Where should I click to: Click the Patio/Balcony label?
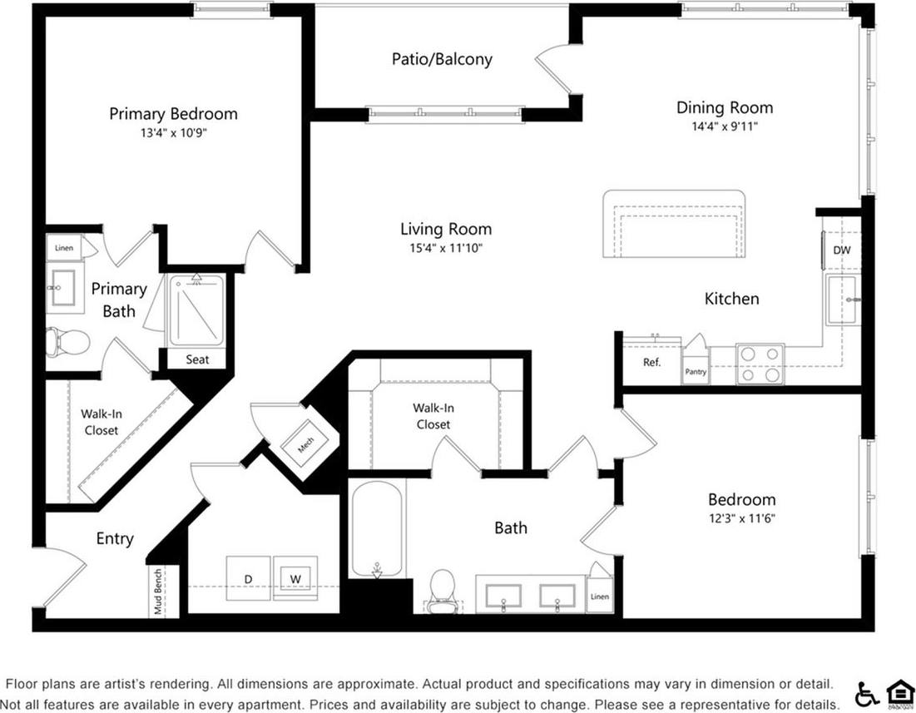point(442,59)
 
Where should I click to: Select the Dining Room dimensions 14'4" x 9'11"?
point(724,126)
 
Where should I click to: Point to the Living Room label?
point(446,229)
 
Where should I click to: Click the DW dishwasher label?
point(842,250)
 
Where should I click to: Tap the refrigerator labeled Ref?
point(652,363)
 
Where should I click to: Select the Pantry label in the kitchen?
point(696,372)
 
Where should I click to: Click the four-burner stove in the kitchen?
point(760,364)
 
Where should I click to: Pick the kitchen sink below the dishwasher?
point(844,300)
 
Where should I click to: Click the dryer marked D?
point(248,577)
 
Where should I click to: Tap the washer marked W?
point(295,577)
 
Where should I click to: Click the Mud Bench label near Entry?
point(156,592)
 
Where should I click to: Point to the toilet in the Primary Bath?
point(66,342)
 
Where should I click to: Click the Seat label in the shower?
point(197,359)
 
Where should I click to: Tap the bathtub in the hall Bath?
point(377,528)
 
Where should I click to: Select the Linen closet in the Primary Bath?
point(64,248)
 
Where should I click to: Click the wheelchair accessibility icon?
point(866,693)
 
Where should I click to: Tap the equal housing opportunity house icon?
point(898,693)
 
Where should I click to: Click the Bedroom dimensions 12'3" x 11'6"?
point(741,517)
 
